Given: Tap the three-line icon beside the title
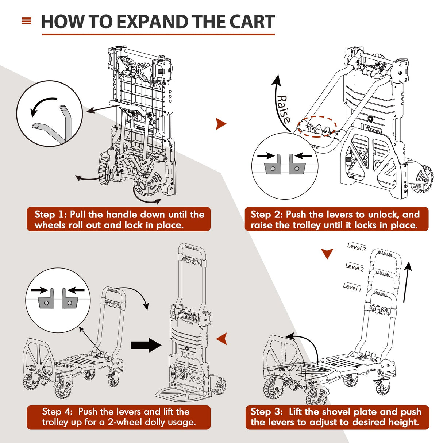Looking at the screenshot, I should [27, 21].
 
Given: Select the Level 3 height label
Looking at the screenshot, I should [357, 247].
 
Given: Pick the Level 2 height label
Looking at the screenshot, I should [354, 267].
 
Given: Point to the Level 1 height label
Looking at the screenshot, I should [352, 287].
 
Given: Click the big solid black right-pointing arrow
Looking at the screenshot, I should [146, 345].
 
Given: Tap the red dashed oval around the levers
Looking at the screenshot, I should [317, 127].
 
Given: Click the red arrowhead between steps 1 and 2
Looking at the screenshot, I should [220, 124].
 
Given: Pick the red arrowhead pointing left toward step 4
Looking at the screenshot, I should [222, 339].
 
